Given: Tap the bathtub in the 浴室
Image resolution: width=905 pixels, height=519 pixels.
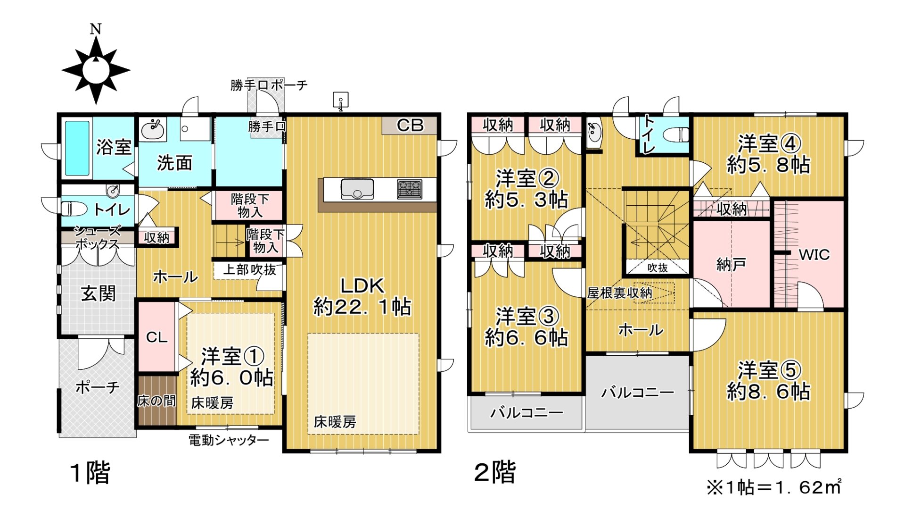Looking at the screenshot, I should [x=76, y=148].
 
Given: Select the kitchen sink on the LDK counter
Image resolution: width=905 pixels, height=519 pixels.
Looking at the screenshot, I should [x=357, y=189].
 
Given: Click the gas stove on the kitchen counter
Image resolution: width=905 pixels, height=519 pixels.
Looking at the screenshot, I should [x=410, y=189].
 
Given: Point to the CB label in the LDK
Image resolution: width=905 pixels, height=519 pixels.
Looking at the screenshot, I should [x=410, y=126].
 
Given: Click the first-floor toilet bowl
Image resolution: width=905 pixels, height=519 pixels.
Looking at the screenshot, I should [x=73, y=208].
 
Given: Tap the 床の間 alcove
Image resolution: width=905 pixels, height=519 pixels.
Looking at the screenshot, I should [x=156, y=401].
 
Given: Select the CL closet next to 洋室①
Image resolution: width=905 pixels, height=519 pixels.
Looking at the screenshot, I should [x=156, y=337].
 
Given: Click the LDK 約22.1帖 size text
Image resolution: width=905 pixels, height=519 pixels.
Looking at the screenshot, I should [x=362, y=307].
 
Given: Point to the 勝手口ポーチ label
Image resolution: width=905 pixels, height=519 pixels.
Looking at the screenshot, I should [x=269, y=85].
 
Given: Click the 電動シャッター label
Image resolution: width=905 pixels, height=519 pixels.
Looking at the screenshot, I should [x=229, y=440].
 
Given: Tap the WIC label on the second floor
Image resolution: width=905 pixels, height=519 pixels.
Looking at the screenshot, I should [x=814, y=255].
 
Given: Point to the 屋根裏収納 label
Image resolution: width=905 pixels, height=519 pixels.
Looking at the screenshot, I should [x=619, y=293].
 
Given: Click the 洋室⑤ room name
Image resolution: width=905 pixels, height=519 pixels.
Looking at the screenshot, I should [x=769, y=370].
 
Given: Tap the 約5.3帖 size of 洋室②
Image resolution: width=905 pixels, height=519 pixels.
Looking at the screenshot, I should [x=526, y=200].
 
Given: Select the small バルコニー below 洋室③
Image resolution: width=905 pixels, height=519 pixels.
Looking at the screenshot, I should [x=527, y=413].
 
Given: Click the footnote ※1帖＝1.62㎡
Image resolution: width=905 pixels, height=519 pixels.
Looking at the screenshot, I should [x=773, y=487].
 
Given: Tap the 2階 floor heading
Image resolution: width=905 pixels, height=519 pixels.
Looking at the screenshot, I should [x=495, y=472].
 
